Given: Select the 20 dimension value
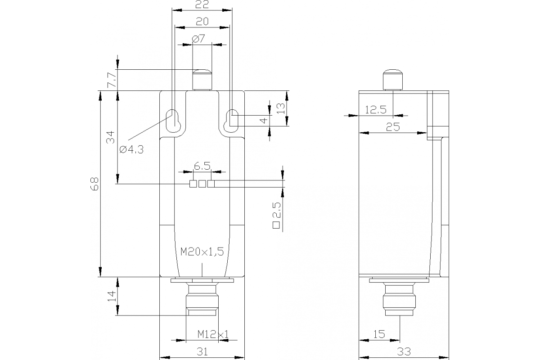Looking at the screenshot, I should pyautogui.click(x=201, y=21).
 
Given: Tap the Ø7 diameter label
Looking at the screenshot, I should pyautogui.click(x=198, y=39).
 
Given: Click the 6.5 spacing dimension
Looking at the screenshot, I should pyautogui.click(x=202, y=166).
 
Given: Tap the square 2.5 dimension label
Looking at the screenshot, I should pyautogui.click(x=277, y=216).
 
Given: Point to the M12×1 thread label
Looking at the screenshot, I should pyautogui.click(x=213, y=334).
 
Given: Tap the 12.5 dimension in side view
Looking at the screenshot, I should pyautogui.click(x=376, y=109).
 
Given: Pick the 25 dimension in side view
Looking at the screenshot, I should pyautogui.click(x=393, y=127).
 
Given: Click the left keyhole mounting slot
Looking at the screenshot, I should pyautogui.click(x=173, y=120).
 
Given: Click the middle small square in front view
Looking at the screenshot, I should pyautogui.click(x=202, y=184).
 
